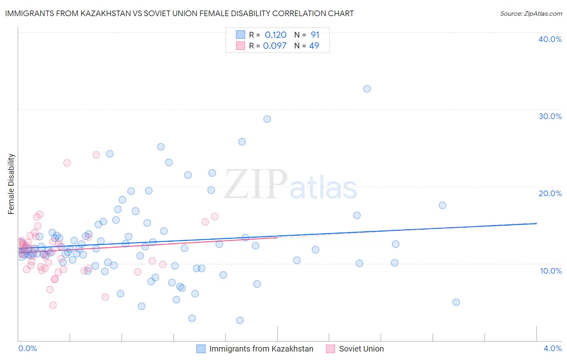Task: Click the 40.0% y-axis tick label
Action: click(x=550, y=39)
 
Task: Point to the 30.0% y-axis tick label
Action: click(x=550, y=116)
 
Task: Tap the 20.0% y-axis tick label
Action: click(x=550, y=193)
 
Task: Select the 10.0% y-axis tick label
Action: click(x=551, y=271)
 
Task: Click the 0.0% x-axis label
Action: click(x=27, y=348)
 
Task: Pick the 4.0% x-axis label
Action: click(x=552, y=348)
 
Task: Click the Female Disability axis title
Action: click(x=11, y=184)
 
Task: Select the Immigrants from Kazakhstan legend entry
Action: click(x=261, y=349)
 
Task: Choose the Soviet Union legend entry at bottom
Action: click(x=361, y=349)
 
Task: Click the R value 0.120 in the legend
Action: click(x=275, y=35)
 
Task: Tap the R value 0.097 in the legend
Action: click(x=275, y=46)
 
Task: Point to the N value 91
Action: click(x=315, y=35)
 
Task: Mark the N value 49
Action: click(x=314, y=46)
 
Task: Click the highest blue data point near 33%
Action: click(x=367, y=89)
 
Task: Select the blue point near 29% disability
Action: click(x=267, y=119)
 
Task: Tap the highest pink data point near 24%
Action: click(x=96, y=155)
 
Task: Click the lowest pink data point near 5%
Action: click(x=53, y=305)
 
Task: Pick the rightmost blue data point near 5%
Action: click(x=456, y=302)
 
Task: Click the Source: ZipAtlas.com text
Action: click(x=531, y=14)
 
